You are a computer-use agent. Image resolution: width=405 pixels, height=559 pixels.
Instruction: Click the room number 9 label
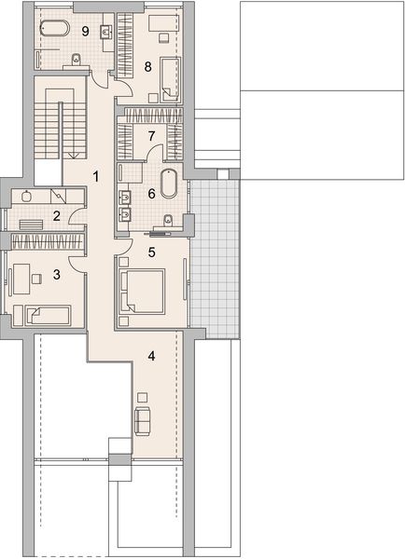point(85,32)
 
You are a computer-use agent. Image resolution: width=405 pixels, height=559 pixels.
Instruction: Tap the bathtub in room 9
point(55,28)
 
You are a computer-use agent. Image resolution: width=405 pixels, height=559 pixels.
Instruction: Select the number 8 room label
point(147,66)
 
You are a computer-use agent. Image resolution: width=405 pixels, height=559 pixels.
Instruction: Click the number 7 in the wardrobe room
point(151,135)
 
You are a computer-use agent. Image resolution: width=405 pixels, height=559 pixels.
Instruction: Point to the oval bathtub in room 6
point(168,184)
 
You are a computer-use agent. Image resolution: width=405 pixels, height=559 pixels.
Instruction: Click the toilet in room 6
point(167,221)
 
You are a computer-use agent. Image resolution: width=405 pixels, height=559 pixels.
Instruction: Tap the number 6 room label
point(151,194)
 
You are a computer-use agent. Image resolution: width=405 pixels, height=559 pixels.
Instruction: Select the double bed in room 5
point(143,292)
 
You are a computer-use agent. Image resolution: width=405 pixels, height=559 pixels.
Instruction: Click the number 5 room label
point(152,252)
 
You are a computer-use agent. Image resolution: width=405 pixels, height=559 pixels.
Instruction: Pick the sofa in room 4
point(143,421)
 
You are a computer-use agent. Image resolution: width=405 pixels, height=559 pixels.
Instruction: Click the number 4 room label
point(152,356)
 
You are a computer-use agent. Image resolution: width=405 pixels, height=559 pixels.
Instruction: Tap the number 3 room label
point(56,275)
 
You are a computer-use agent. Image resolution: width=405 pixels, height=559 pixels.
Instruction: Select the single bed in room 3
point(48,316)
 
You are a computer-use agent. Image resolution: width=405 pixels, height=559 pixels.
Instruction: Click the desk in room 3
point(21,279)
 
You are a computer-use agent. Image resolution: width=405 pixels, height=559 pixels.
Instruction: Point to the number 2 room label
point(56,216)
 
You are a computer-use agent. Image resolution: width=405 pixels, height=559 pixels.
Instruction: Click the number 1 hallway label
point(95,176)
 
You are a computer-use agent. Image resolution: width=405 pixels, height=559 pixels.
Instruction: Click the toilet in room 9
point(76,60)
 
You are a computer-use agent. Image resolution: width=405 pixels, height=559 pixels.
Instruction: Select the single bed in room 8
point(170,79)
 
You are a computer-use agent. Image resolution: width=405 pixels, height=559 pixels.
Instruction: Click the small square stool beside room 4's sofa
point(143,398)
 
